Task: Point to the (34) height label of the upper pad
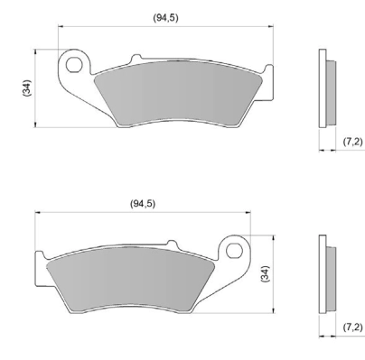point(27,88)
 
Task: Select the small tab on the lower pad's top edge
point(169,244)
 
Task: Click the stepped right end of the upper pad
point(267,81)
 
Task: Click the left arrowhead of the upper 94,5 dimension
point(61,26)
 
